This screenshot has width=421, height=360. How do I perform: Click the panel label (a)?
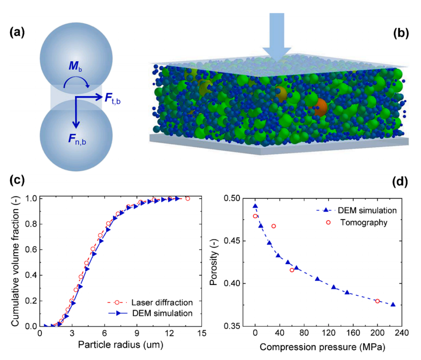17,33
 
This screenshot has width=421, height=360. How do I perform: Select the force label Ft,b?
113,98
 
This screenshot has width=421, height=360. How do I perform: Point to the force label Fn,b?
77,139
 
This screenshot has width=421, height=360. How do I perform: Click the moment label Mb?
76,66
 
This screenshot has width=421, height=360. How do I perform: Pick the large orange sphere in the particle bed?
319,107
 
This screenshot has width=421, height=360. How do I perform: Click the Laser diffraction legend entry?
150,303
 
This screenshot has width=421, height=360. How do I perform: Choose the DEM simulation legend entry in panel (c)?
150,313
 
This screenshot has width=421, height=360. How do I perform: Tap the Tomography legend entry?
357,222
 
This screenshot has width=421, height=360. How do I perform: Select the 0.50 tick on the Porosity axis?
232,199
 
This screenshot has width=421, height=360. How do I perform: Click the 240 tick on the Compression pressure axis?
402,333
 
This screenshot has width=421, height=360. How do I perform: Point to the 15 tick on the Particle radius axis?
202,333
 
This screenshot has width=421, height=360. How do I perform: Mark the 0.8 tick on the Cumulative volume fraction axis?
31,224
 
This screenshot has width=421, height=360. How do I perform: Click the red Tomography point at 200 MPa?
377,301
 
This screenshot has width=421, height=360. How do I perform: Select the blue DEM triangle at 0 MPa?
255,206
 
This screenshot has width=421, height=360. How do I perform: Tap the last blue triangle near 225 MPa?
393,304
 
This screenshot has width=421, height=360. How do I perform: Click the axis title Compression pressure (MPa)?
322,347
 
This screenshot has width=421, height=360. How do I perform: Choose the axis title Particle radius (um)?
120,345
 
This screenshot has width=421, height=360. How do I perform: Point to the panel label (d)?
400,182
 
